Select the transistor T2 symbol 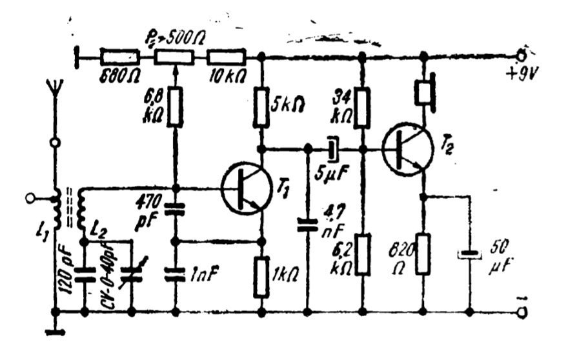pos(407,149)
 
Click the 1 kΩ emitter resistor pos(261,276)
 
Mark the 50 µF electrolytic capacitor pos(469,254)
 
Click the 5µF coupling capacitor pos(332,149)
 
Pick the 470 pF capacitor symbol pos(174,209)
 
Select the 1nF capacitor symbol pos(174,275)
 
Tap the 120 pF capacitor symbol pos(84,275)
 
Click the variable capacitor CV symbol pos(132,275)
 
